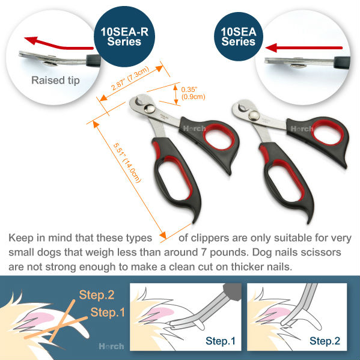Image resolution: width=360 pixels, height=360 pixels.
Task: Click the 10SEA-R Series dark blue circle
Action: click(x=124, y=37)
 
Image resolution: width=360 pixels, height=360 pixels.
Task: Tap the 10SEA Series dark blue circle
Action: click(x=239, y=37)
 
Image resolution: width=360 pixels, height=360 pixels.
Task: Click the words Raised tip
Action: click(x=55, y=81)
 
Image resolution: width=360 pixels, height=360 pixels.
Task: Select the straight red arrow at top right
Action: click(x=304, y=47)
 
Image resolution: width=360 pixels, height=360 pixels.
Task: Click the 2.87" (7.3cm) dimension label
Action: click(x=130, y=78)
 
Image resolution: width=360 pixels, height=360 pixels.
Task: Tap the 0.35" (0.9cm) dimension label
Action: click(x=193, y=93)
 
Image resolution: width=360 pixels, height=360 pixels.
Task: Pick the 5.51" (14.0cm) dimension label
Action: click(x=127, y=163)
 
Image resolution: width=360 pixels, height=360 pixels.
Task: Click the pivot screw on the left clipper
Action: click(x=150, y=108)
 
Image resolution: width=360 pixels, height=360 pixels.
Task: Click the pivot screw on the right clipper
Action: click(x=254, y=115)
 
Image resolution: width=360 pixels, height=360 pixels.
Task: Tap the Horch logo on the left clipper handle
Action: click(x=194, y=129)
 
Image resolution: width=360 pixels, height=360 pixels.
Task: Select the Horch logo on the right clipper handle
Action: click(x=302, y=129)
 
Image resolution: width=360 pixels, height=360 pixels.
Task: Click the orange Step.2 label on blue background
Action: click(x=97, y=295)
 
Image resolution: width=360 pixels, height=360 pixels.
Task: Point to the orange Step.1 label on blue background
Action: click(x=108, y=313)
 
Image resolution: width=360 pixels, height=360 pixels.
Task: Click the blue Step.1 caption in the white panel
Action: click(x=221, y=341)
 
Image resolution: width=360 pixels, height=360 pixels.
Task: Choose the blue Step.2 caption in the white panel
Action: click(x=325, y=341)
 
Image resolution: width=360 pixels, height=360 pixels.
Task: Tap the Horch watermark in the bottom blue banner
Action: click(x=112, y=346)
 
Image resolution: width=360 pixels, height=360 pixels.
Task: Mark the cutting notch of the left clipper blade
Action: click(x=139, y=101)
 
